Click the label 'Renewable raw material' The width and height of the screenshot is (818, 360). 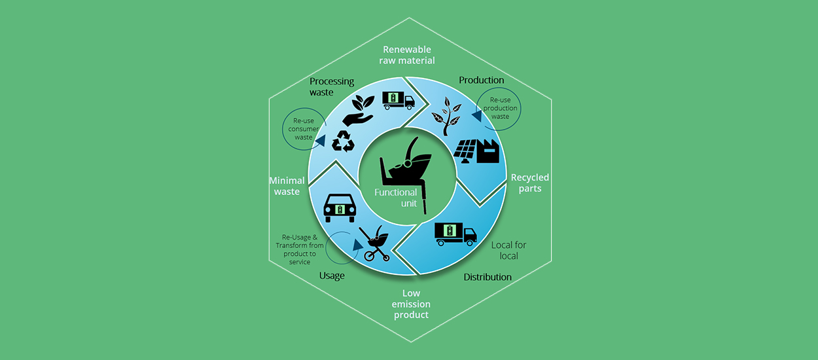407,55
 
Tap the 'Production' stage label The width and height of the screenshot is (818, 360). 481,80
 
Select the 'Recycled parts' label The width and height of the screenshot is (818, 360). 530,183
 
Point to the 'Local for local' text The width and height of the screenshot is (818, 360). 508,250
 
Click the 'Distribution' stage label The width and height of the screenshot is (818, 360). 488,277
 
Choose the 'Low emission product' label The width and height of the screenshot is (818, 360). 411,304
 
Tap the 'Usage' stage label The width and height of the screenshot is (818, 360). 332,276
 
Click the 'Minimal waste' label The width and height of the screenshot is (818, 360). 287,186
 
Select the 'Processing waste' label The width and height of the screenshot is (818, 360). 332,86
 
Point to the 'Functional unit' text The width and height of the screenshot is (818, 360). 395,198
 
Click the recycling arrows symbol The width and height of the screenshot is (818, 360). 343,141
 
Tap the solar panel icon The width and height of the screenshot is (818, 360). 465,151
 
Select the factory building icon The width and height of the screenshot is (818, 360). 488,151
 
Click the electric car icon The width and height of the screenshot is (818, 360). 340,207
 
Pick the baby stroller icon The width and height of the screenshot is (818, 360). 374,243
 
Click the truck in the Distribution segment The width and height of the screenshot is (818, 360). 455,234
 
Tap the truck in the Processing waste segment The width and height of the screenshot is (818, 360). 399,100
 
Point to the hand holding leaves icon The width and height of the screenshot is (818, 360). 359,111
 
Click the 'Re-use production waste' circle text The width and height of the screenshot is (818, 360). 500,108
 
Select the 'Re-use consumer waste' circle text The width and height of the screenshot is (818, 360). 304,129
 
